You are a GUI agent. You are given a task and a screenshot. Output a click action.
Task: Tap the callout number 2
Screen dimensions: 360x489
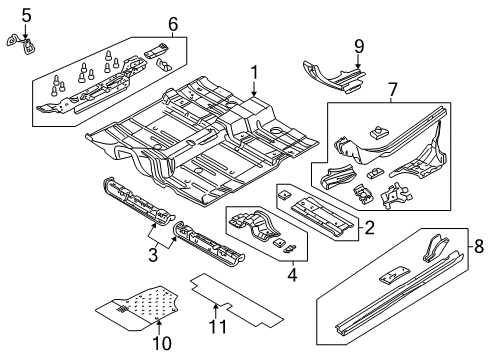[x=368, y=227]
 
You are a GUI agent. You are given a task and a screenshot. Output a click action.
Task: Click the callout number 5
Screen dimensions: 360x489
[x=26, y=14]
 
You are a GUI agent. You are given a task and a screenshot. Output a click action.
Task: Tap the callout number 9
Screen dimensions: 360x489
[x=359, y=44]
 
